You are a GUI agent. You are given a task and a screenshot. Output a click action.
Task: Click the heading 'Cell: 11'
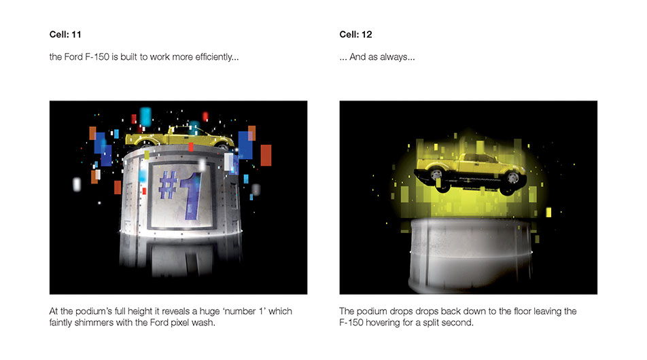tap(65, 35)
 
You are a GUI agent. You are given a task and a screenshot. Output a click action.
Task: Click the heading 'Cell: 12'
tap(355, 35)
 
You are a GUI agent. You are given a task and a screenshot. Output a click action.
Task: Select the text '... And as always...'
tap(377, 57)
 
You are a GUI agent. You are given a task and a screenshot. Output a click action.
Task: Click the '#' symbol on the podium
tap(169, 185)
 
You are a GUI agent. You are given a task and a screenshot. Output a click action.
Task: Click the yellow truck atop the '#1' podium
tap(179, 137)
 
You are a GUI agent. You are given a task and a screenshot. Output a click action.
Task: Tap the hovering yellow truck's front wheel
tap(512, 178)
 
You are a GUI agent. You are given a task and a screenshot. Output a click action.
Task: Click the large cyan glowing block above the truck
tap(145, 116)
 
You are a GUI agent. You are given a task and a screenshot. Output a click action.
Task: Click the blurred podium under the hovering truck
tap(471, 255)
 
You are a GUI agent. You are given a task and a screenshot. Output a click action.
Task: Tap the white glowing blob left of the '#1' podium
tap(77, 184)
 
